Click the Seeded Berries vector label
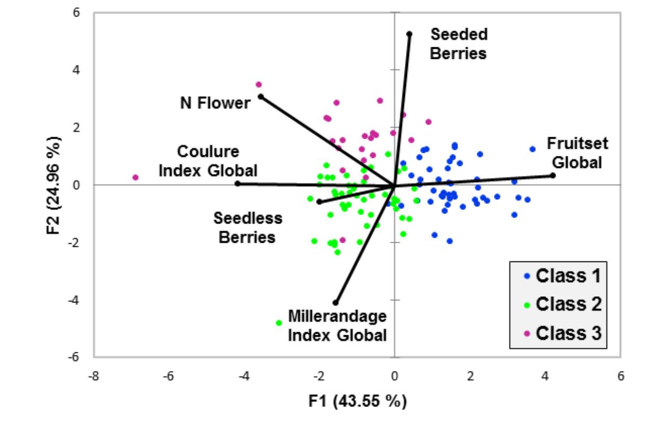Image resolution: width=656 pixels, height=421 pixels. [x=458, y=44]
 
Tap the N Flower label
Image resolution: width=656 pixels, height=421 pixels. [x=215, y=103]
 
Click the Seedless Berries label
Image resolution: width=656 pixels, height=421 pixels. [x=248, y=228]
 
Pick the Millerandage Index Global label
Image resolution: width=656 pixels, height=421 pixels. [x=337, y=325]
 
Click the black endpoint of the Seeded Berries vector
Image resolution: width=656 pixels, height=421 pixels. [x=409, y=34]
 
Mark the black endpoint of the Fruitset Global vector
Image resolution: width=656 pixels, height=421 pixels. [x=553, y=175]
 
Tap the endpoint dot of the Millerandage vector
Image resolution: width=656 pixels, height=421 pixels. [x=335, y=302]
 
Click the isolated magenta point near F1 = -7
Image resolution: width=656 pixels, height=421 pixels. [x=136, y=177]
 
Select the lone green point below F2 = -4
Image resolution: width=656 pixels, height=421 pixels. [x=279, y=323]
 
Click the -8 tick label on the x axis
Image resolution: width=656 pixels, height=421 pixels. [x=94, y=375]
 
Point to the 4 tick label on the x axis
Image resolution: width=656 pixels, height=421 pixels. [x=545, y=375]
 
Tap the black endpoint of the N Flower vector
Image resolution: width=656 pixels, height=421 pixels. [x=261, y=97]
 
